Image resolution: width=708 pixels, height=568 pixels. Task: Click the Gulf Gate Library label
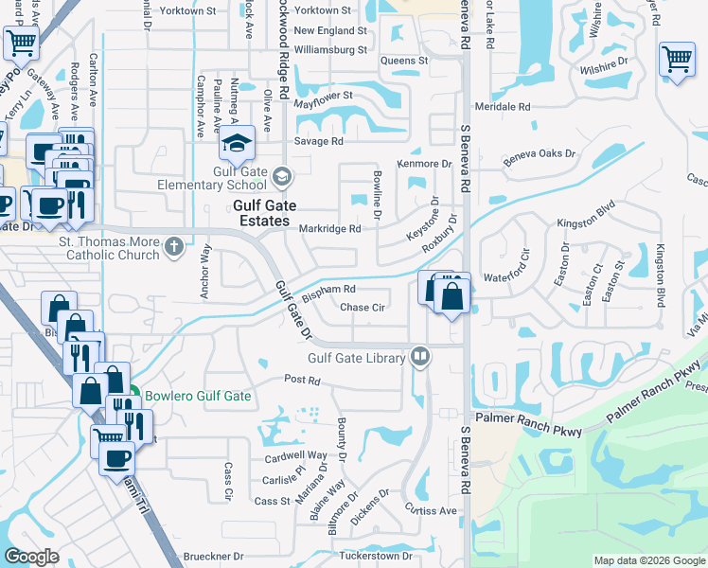[x=356, y=358]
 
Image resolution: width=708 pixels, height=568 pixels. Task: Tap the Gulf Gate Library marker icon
[x=420, y=357]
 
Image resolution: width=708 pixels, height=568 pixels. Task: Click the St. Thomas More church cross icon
[x=172, y=247]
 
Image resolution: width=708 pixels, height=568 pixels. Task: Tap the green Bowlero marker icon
[x=134, y=395]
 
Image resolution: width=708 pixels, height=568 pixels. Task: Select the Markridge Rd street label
[x=329, y=229]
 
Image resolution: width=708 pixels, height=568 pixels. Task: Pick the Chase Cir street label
[x=362, y=308]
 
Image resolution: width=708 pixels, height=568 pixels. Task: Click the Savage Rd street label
[x=318, y=141]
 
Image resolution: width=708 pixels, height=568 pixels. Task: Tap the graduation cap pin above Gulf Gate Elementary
[x=237, y=145]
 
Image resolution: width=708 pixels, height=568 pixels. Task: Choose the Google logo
[x=31, y=557]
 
